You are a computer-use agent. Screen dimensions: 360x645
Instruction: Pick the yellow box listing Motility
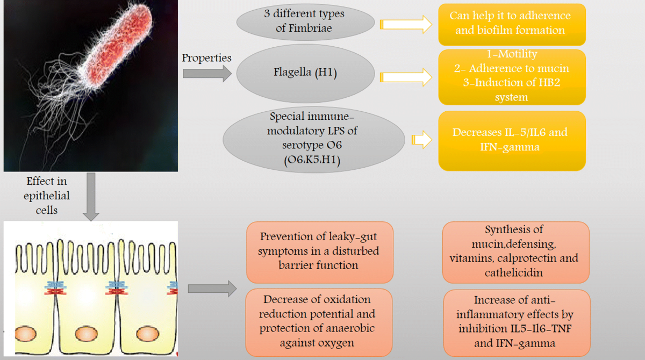tap(511, 76)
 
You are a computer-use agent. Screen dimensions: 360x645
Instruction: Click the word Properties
tap(206, 58)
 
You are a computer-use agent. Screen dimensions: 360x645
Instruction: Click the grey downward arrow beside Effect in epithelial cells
tap(91, 196)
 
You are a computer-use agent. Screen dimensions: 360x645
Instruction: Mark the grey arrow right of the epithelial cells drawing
tap(212, 289)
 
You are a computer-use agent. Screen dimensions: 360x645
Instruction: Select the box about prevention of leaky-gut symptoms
tap(319, 251)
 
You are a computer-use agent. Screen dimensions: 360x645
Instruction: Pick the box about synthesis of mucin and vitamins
tap(514, 251)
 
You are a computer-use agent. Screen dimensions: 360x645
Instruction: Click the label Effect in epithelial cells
tap(47, 196)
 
